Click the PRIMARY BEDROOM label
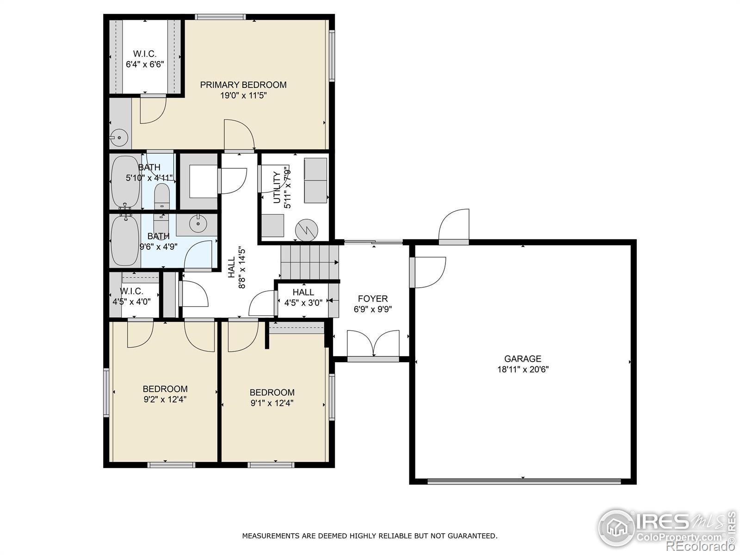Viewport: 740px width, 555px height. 243,85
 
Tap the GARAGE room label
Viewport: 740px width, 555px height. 523,358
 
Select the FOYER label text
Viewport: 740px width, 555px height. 372,299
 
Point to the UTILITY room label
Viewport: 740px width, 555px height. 277,187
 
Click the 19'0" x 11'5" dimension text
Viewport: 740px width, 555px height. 243,96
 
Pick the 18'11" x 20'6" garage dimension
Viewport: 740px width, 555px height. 523,370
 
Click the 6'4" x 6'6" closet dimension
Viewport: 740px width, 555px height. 145,64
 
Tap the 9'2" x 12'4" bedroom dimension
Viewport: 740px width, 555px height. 165,400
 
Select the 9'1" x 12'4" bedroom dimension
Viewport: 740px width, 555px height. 272,403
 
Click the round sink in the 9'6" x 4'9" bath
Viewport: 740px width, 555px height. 197,223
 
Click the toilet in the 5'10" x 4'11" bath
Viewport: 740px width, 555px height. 162,197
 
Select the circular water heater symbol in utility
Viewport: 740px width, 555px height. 307,230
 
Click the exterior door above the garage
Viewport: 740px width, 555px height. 454,226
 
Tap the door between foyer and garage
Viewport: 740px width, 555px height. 427,272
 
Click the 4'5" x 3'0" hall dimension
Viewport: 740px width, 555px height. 303,303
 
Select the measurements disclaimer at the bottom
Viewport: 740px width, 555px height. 370,536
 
